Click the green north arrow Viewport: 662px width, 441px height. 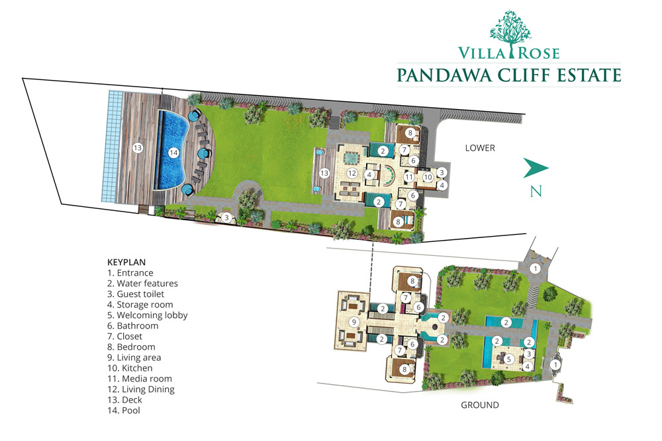pyautogui.click(x=536, y=168)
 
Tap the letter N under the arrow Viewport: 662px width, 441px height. pyautogui.click(x=536, y=192)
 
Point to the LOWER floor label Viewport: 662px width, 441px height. pyautogui.click(x=480, y=148)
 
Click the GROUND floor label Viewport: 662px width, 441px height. pyautogui.click(x=479, y=405)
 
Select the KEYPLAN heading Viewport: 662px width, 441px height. pyautogui.click(x=126, y=262)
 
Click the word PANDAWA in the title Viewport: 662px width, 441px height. pyautogui.click(x=445, y=75)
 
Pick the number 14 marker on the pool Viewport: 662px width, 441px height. pyautogui.click(x=173, y=153)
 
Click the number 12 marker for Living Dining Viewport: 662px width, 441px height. pyautogui.click(x=352, y=173)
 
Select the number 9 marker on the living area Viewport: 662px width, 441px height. pyautogui.click(x=354, y=322)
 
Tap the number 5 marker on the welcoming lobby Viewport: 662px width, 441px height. pyautogui.click(x=508, y=359)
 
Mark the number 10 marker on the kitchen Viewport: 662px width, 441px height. pyautogui.click(x=428, y=177)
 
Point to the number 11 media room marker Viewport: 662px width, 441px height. pyautogui.click(x=408, y=177)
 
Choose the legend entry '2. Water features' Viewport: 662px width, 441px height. pyautogui.click(x=142, y=284)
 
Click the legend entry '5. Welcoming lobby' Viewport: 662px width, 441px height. pyautogui.click(x=148, y=315)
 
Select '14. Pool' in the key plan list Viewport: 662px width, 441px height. pyautogui.click(x=124, y=410)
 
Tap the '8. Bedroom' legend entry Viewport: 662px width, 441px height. pyautogui.click(x=131, y=347)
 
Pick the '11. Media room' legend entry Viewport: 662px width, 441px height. pyautogui.click(x=139, y=379)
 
